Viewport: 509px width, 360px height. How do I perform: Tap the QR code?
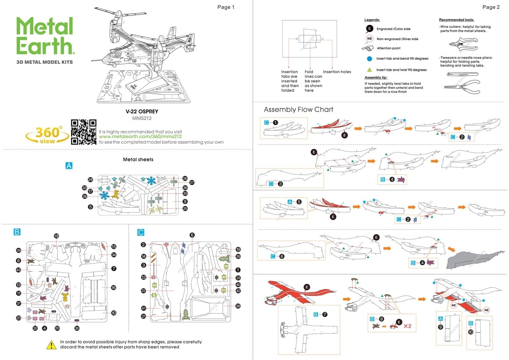click(83, 132)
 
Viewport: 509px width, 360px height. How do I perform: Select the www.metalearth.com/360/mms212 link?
click(140, 137)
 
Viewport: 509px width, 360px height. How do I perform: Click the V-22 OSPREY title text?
click(142, 112)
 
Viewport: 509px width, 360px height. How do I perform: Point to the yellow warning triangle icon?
click(51, 345)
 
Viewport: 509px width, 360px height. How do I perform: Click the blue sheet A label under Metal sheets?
click(69, 166)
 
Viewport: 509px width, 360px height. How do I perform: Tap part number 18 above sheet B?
click(56, 236)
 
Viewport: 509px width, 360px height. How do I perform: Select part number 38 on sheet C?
click(238, 306)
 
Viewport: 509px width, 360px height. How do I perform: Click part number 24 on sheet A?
click(90, 179)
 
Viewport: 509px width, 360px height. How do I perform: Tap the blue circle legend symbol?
click(370, 59)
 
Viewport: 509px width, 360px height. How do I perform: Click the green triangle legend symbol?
click(370, 70)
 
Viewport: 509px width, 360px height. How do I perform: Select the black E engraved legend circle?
click(369, 29)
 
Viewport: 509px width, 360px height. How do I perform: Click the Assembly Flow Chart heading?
click(298, 110)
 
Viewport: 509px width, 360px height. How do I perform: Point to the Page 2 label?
click(491, 7)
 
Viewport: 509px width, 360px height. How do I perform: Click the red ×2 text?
click(408, 326)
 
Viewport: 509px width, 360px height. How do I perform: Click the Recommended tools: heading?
click(456, 20)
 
